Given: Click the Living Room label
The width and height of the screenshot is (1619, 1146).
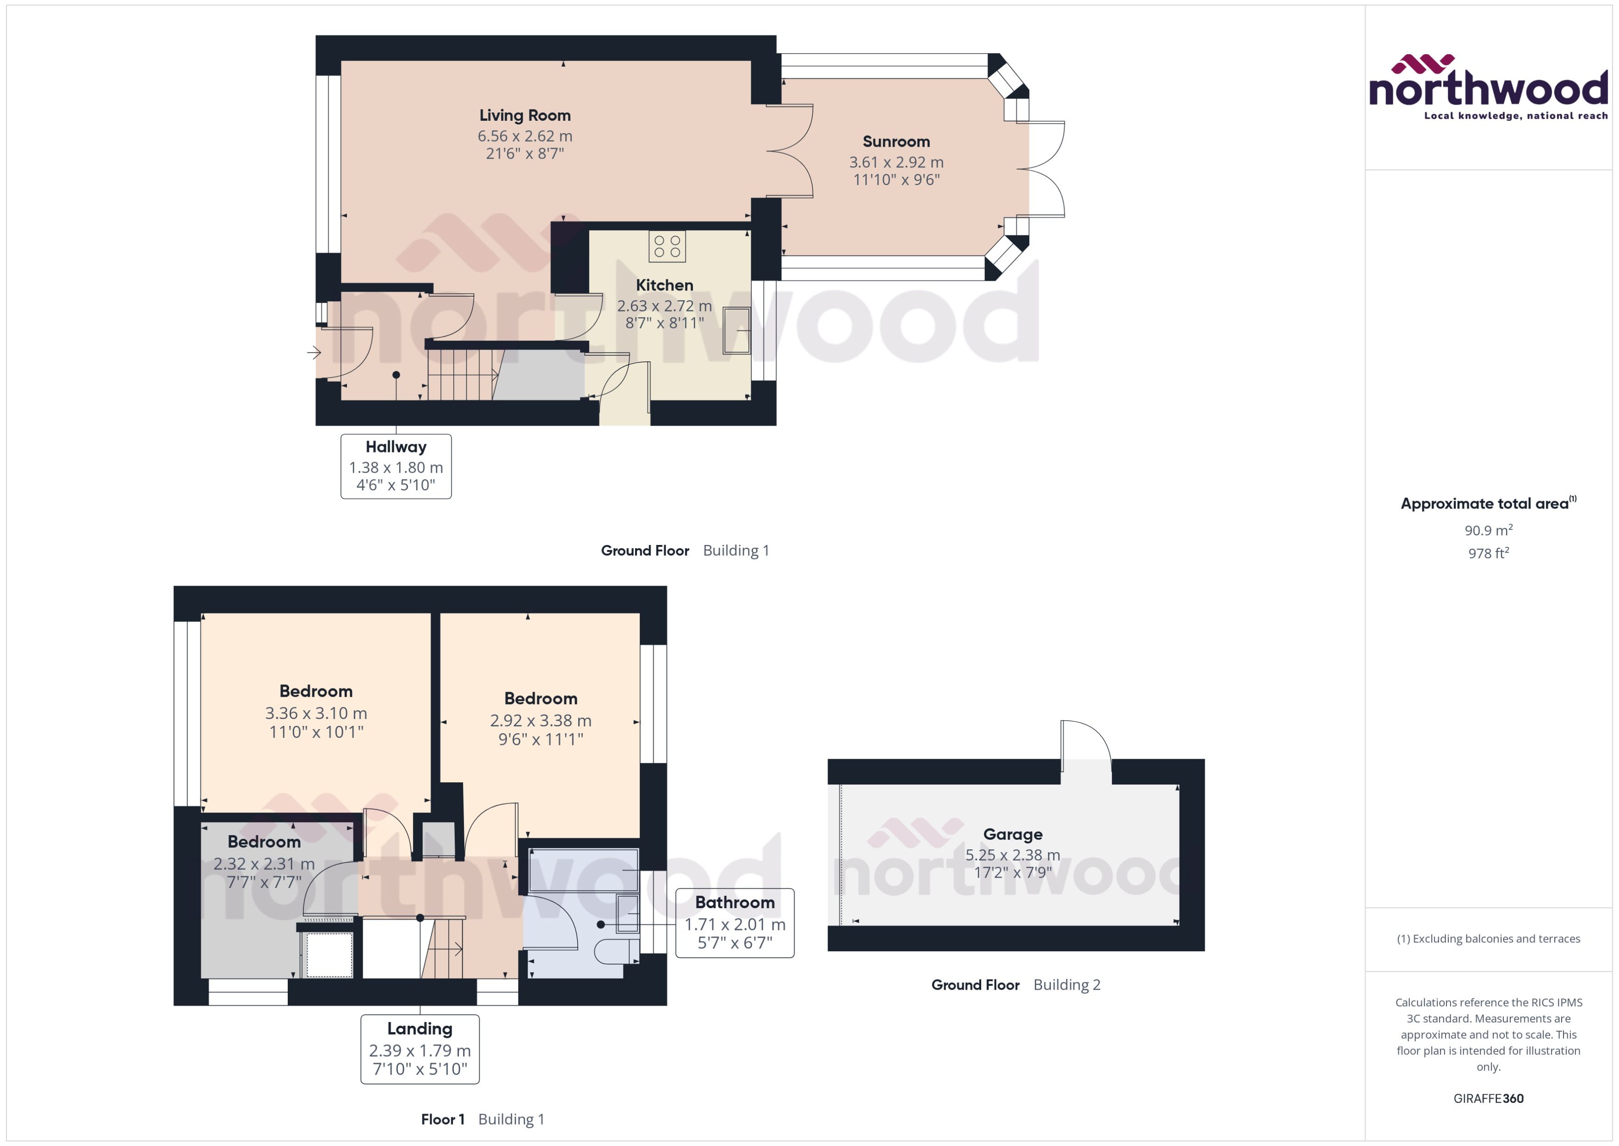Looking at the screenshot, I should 525,115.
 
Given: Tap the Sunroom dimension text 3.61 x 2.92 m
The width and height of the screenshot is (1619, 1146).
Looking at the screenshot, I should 896,162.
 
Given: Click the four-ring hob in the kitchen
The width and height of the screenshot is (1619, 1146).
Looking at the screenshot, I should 667,246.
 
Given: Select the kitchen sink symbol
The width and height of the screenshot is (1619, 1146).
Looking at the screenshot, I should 736,330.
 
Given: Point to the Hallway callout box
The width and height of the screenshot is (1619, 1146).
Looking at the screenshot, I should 396,466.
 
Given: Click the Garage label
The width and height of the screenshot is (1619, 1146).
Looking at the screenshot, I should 1012,834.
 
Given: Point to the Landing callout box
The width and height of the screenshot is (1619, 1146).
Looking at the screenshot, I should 420,1049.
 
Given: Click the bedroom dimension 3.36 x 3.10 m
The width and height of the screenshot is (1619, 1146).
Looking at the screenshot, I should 316,713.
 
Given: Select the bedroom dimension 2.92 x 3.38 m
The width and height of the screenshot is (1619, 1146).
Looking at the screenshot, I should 540,720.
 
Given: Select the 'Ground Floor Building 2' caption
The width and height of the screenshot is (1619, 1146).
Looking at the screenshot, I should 1015,985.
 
